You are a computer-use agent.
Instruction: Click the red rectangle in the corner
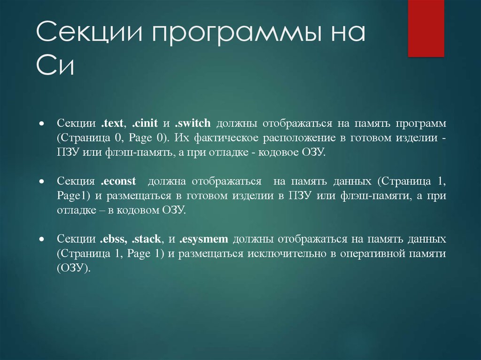tap(426, 28)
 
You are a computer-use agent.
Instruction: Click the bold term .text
tap(112, 123)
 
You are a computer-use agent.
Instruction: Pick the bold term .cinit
tap(145, 123)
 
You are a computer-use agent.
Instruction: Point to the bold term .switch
tap(193, 123)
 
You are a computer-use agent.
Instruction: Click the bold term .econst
tap(118, 181)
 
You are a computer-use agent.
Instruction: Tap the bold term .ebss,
tap(114, 239)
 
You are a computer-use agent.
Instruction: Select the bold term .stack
tap(147, 239)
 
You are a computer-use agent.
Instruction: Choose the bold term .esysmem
tap(204, 239)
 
